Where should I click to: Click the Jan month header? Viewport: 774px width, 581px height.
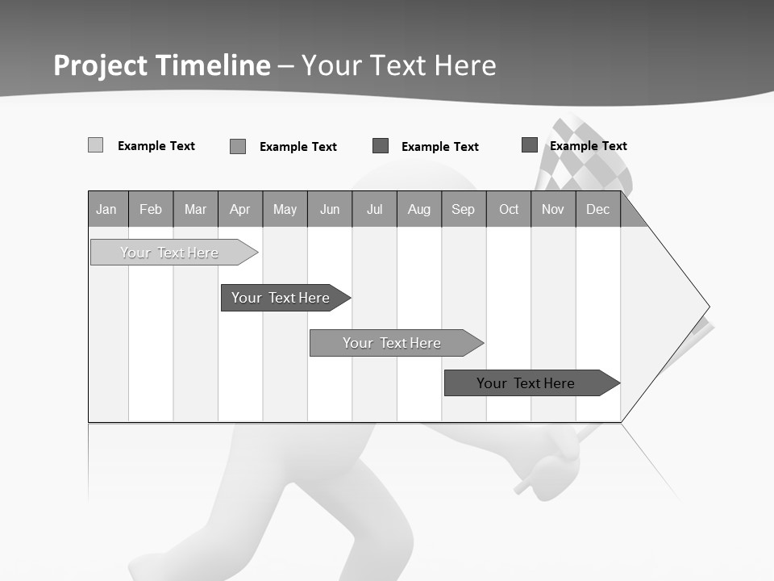107,210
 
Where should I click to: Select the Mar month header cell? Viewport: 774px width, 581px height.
195,210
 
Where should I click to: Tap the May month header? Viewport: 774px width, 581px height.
285,210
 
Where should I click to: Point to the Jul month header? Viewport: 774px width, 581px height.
374,210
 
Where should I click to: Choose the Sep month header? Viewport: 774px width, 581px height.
463,210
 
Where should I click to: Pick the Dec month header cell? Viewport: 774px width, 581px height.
597,210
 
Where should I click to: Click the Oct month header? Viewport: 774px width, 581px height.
508,210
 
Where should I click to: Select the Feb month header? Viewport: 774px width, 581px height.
151,210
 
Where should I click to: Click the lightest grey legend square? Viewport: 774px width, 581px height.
95,145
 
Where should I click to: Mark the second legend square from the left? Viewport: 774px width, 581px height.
238,146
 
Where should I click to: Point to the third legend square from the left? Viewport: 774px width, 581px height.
381,146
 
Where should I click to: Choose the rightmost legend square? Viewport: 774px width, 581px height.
530,145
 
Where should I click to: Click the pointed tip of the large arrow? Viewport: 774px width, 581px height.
706,307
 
